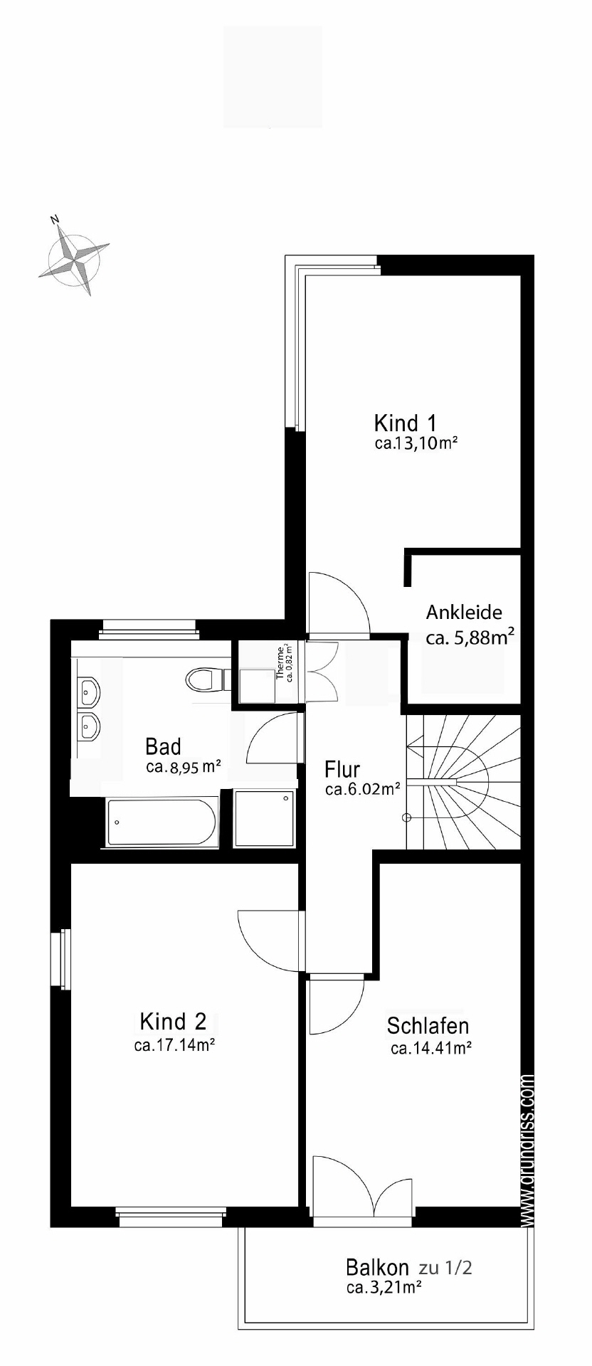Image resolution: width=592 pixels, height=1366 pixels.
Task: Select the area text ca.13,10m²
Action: point(416,444)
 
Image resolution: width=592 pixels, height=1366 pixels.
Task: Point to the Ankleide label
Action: point(464,612)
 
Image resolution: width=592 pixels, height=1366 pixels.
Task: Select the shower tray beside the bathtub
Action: point(264,818)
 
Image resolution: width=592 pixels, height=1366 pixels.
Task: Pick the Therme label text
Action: point(280,662)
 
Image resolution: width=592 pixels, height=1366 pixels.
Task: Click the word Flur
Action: point(342,769)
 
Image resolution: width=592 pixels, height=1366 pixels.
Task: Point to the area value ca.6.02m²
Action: point(362,789)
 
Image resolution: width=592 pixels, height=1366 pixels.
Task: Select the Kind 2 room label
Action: point(173,1022)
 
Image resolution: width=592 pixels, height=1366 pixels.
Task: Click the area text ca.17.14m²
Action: point(174,1045)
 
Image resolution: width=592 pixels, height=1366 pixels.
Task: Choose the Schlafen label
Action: point(428,1026)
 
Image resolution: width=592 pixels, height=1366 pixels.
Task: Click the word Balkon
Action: point(377,1267)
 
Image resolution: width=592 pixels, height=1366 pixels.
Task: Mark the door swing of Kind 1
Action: point(339,602)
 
